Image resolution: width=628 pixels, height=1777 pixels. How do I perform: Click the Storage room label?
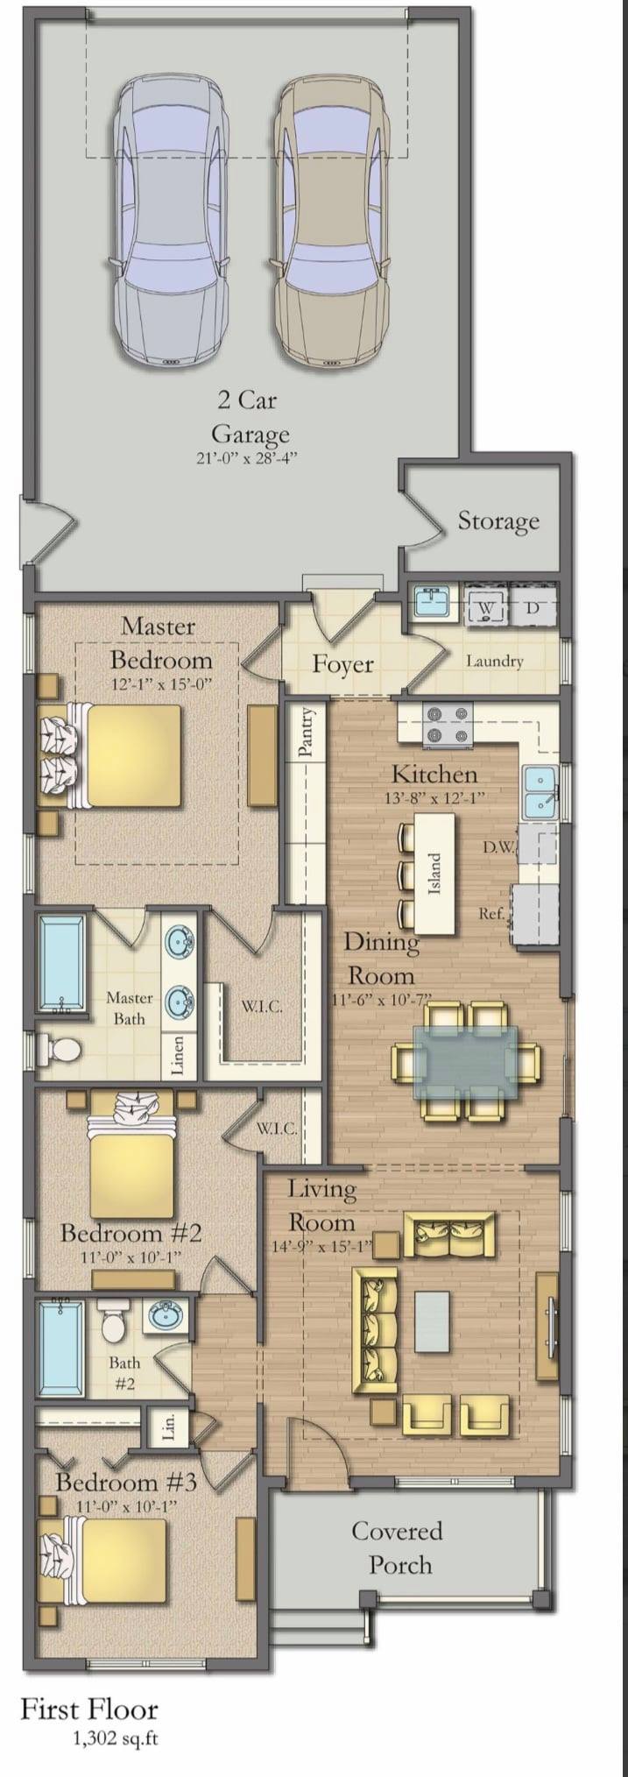498,521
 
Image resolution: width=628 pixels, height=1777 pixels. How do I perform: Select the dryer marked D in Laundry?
532,606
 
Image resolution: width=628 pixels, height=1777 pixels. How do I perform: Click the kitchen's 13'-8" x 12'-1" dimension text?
434,798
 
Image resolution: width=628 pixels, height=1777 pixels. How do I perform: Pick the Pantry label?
306,732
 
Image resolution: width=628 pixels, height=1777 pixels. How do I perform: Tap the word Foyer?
343,663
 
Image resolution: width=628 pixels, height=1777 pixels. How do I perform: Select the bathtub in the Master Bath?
61,963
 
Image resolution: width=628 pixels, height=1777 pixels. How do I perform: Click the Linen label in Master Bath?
178,1055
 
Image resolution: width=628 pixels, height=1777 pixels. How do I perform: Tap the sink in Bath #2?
163,1314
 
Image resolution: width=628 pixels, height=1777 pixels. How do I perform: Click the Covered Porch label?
398,1547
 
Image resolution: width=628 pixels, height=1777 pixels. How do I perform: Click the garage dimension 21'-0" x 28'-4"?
249,458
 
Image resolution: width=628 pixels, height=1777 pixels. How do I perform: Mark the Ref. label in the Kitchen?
491,913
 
